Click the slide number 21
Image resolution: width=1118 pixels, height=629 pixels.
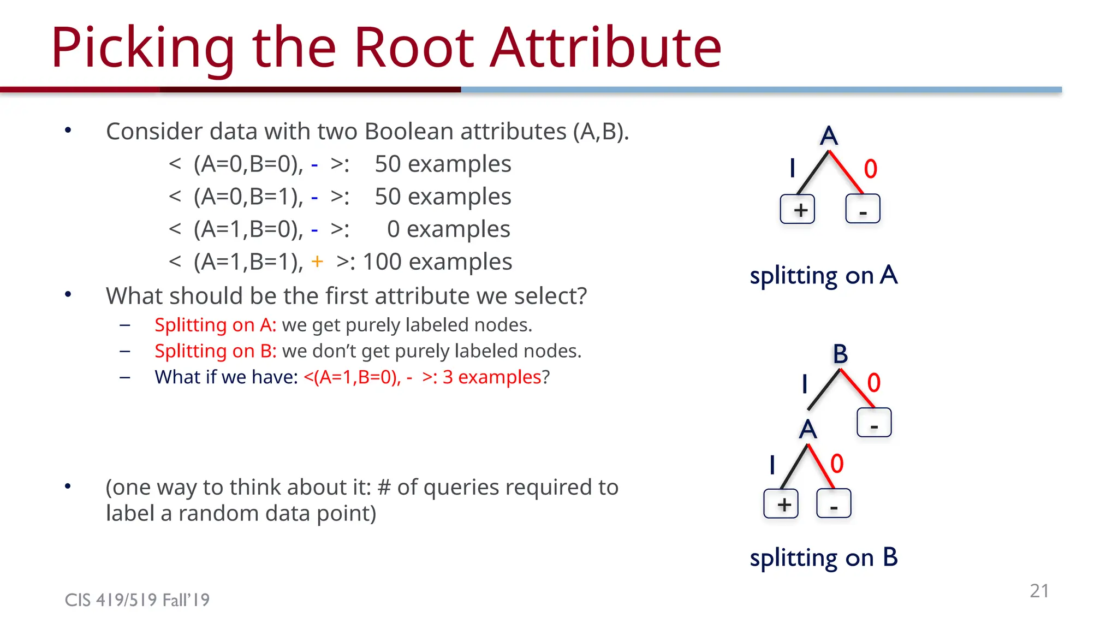(x=1039, y=591)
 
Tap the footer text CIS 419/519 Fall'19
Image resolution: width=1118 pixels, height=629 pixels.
(x=137, y=600)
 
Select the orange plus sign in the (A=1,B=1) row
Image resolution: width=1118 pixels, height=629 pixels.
(x=317, y=262)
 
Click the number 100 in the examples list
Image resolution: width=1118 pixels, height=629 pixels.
(x=382, y=262)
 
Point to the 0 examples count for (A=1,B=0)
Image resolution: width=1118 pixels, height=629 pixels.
(x=393, y=229)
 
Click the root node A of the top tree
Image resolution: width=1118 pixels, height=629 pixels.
(x=828, y=135)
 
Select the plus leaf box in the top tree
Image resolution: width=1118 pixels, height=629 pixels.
(x=798, y=209)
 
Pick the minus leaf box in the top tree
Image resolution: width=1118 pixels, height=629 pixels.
(x=863, y=209)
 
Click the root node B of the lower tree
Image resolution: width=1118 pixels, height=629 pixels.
(x=840, y=354)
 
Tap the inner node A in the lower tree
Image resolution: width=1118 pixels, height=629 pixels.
(x=808, y=430)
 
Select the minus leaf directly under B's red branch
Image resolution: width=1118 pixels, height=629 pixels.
(x=874, y=423)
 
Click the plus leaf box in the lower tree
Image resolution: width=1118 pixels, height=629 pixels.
(x=781, y=503)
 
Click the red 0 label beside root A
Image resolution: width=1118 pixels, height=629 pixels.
(x=870, y=169)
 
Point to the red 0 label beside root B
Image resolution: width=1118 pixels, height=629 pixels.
(x=873, y=383)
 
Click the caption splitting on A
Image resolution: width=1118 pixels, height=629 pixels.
(x=823, y=276)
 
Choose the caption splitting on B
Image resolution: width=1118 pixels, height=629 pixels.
(x=823, y=557)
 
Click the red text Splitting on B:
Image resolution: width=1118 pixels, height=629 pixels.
(x=216, y=351)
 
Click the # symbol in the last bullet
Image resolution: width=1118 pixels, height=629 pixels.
(x=384, y=487)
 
